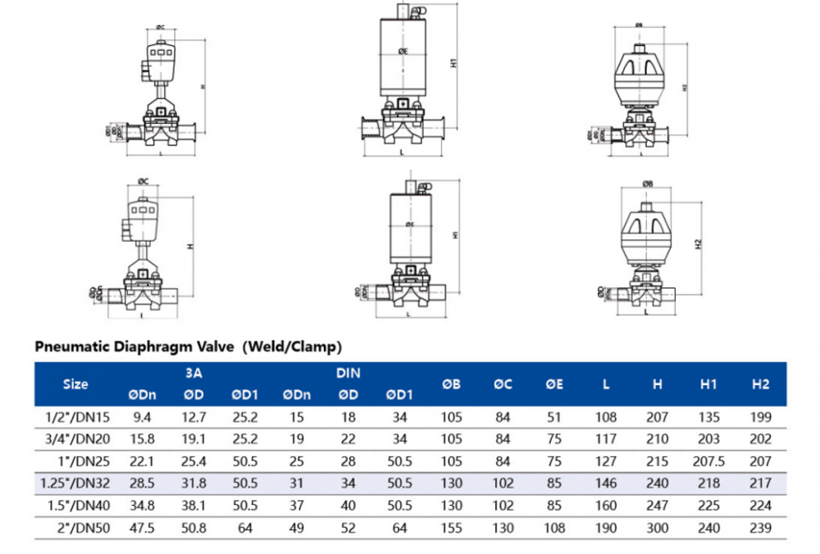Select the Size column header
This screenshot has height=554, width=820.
(75, 384)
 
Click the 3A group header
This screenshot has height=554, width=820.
(194, 373)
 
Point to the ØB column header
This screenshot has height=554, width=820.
(450, 384)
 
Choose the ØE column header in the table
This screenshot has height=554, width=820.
(554, 384)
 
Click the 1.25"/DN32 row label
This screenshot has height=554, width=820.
(75, 484)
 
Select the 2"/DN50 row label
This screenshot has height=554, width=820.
(75, 529)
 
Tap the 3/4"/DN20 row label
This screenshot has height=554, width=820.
(75, 438)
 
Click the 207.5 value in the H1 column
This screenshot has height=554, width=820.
(709, 461)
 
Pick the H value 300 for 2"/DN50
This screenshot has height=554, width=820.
(658, 529)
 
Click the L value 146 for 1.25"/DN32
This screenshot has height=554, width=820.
(606, 484)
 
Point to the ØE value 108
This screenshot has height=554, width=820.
(554, 529)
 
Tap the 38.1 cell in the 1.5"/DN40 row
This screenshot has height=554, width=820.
(194, 506)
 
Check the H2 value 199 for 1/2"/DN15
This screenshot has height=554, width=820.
(761, 416)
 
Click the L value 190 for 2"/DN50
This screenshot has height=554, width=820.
(606, 529)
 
